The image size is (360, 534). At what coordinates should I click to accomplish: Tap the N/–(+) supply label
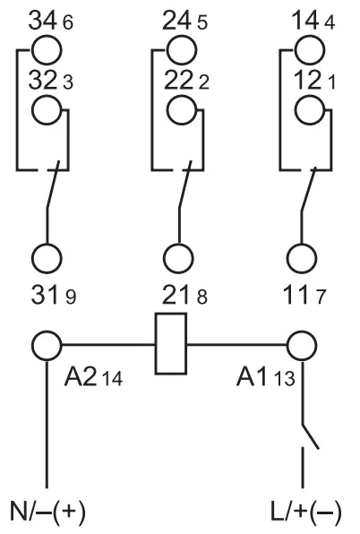click(47, 512)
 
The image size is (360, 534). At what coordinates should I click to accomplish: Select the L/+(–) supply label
click(306, 512)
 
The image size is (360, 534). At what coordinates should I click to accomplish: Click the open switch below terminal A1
click(310, 436)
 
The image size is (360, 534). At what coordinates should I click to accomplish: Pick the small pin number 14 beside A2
click(113, 378)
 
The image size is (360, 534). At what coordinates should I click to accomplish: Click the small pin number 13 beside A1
click(285, 378)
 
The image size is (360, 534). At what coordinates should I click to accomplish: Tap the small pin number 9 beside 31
click(71, 297)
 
